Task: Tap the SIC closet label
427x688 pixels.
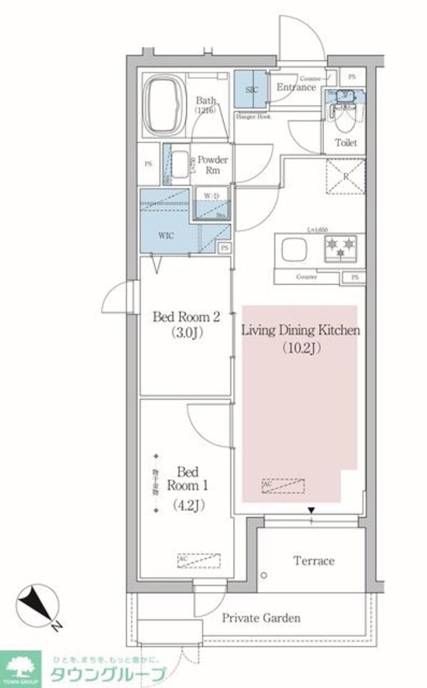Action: point(251,89)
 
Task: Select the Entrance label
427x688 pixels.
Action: point(295,88)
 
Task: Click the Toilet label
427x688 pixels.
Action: point(346,143)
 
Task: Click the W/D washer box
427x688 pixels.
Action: point(211,195)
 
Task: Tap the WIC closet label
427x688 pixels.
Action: point(165,235)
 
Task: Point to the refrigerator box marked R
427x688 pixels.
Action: point(345,174)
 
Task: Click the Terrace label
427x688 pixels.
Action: point(314,561)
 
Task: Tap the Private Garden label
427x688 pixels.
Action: point(260,618)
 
